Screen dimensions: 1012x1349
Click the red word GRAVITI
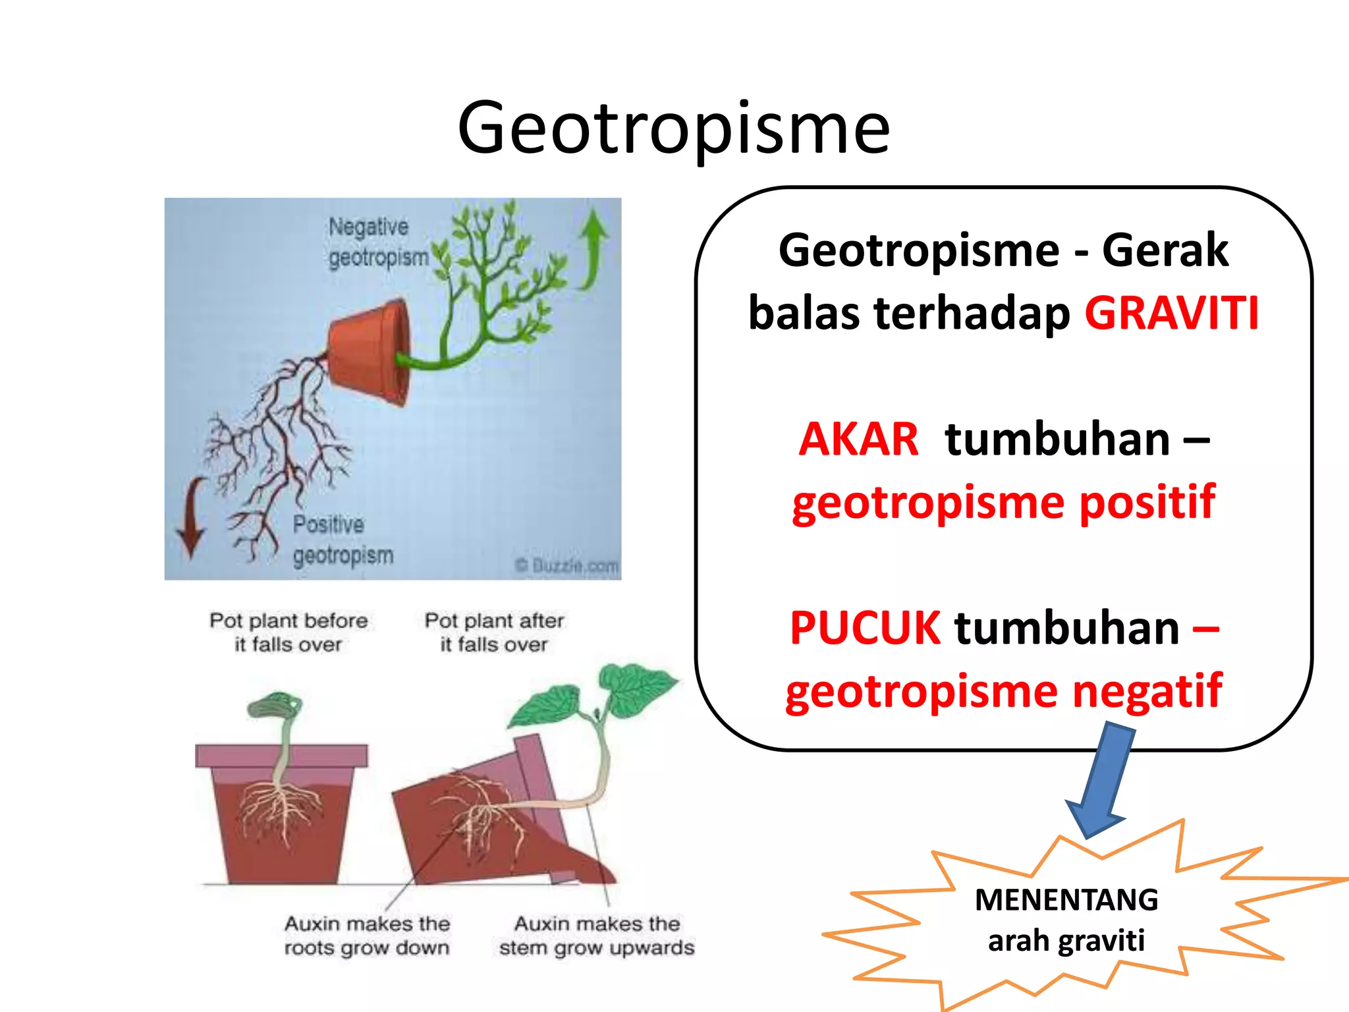point(1171,313)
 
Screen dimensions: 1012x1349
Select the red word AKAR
point(858,439)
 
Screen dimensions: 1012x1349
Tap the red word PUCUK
point(865,628)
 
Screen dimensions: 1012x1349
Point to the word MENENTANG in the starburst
point(1066,900)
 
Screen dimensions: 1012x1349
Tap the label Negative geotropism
point(377,242)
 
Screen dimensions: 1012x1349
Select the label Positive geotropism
point(343,540)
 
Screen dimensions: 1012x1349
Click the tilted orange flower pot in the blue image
point(369,352)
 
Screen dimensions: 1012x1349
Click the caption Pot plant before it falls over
point(289,632)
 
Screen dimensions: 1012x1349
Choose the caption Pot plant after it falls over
point(494,632)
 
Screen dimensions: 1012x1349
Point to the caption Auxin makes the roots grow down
point(367,936)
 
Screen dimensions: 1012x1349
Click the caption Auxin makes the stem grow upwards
point(596,936)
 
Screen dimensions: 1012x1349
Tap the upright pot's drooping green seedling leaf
point(275,705)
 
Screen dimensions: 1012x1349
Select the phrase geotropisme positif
point(1003,503)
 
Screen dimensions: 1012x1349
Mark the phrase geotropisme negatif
point(1003,691)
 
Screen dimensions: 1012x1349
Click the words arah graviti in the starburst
point(1066,940)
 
